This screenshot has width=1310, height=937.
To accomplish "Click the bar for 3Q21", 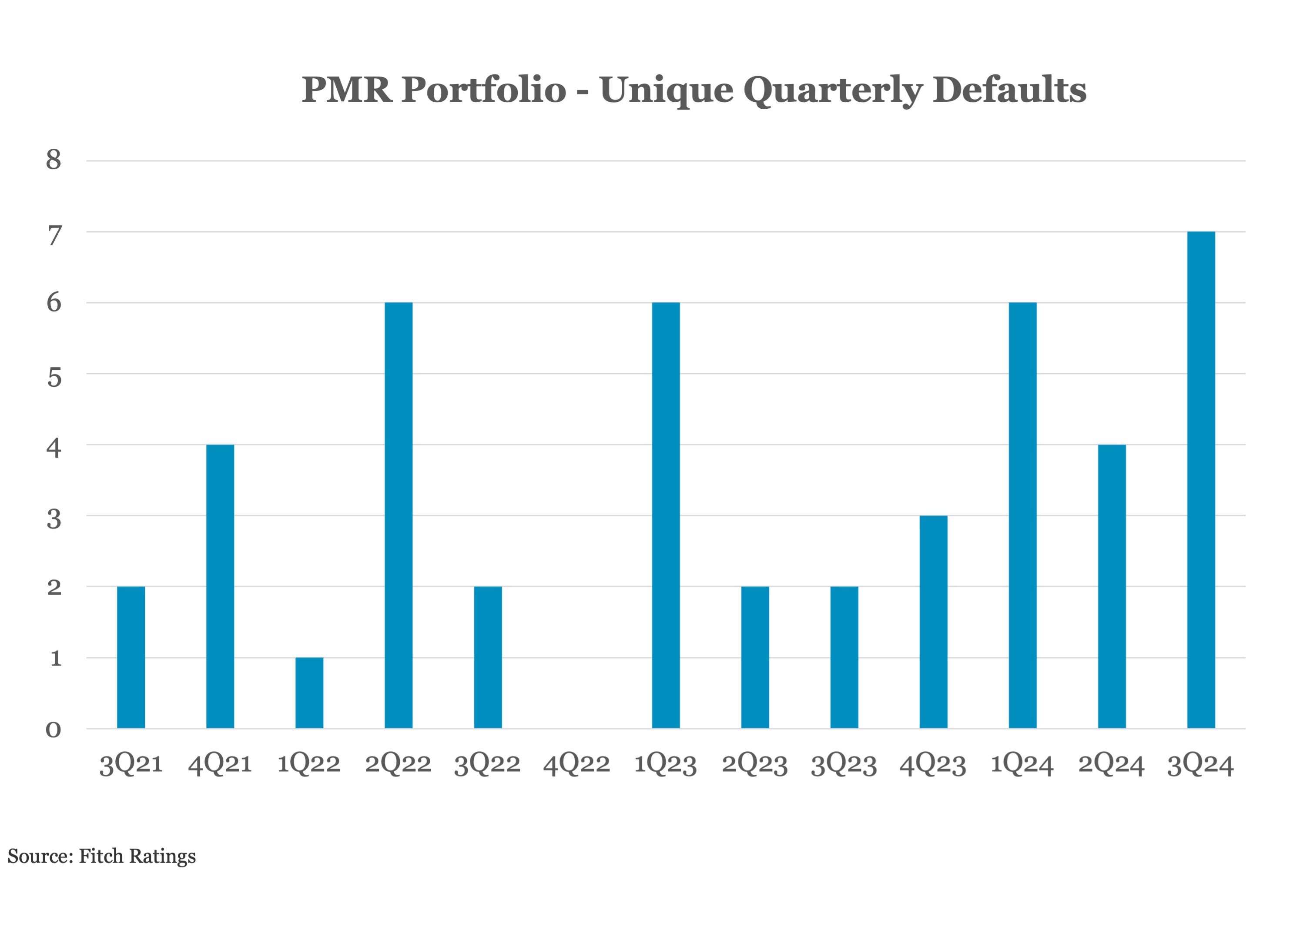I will (x=131, y=657).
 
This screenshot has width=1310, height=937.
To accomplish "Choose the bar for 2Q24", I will (x=1112, y=586).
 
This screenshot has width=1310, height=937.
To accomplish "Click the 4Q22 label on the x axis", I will (x=576, y=764).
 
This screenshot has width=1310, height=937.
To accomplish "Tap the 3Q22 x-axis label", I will (x=487, y=764).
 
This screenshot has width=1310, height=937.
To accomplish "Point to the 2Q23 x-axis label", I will (x=754, y=764).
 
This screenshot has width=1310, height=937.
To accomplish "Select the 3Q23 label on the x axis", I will (x=844, y=764).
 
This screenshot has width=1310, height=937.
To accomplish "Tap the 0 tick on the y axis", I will (x=54, y=730).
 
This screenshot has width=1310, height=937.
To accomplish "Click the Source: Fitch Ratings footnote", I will (x=101, y=856).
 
